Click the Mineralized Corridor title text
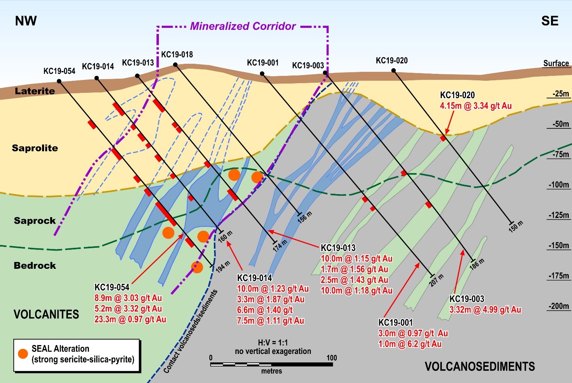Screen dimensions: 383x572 [243, 26]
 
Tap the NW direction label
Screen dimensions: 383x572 [26, 21]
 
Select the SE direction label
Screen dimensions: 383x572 [550, 21]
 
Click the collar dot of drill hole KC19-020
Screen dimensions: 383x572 [393, 71]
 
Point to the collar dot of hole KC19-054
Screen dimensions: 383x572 [59, 81]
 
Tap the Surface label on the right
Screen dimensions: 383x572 [556, 63]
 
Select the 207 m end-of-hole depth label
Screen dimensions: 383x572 [437, 280]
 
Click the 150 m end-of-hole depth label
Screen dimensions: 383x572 [516, 226]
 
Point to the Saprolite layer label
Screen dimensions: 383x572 [35, 148]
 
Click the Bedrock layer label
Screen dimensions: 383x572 [35, 266]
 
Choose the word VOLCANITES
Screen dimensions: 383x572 [46, 314]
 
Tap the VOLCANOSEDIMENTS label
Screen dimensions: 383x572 [479, 366]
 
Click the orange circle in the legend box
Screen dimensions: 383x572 [23, 354]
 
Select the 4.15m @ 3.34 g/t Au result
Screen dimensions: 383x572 [476, 106]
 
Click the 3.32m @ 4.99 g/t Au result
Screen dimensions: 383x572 [485, 310]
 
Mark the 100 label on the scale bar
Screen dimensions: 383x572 [331, 358]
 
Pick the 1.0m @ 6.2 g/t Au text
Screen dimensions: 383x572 [410, 344]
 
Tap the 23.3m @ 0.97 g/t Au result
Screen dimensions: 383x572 [130, 319]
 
